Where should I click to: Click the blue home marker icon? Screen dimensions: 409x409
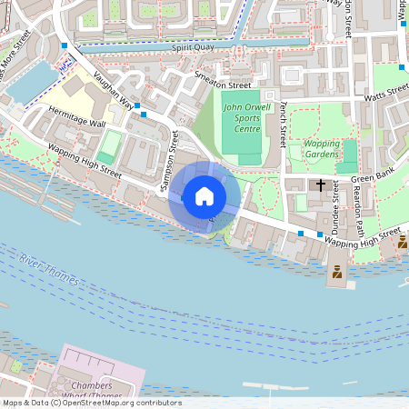click(x=204, y=196)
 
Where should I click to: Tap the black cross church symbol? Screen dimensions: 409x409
click(x=320, y=185)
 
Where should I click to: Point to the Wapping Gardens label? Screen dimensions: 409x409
click(x=321, y=149)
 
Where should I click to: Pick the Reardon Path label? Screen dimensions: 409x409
click(x=360, y=212)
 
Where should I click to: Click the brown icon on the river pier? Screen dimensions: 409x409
click(x=337, y=271)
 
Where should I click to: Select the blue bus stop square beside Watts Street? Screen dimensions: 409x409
click(x=402, y=66)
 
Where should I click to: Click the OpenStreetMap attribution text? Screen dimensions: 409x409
click(x=91, y=403)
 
